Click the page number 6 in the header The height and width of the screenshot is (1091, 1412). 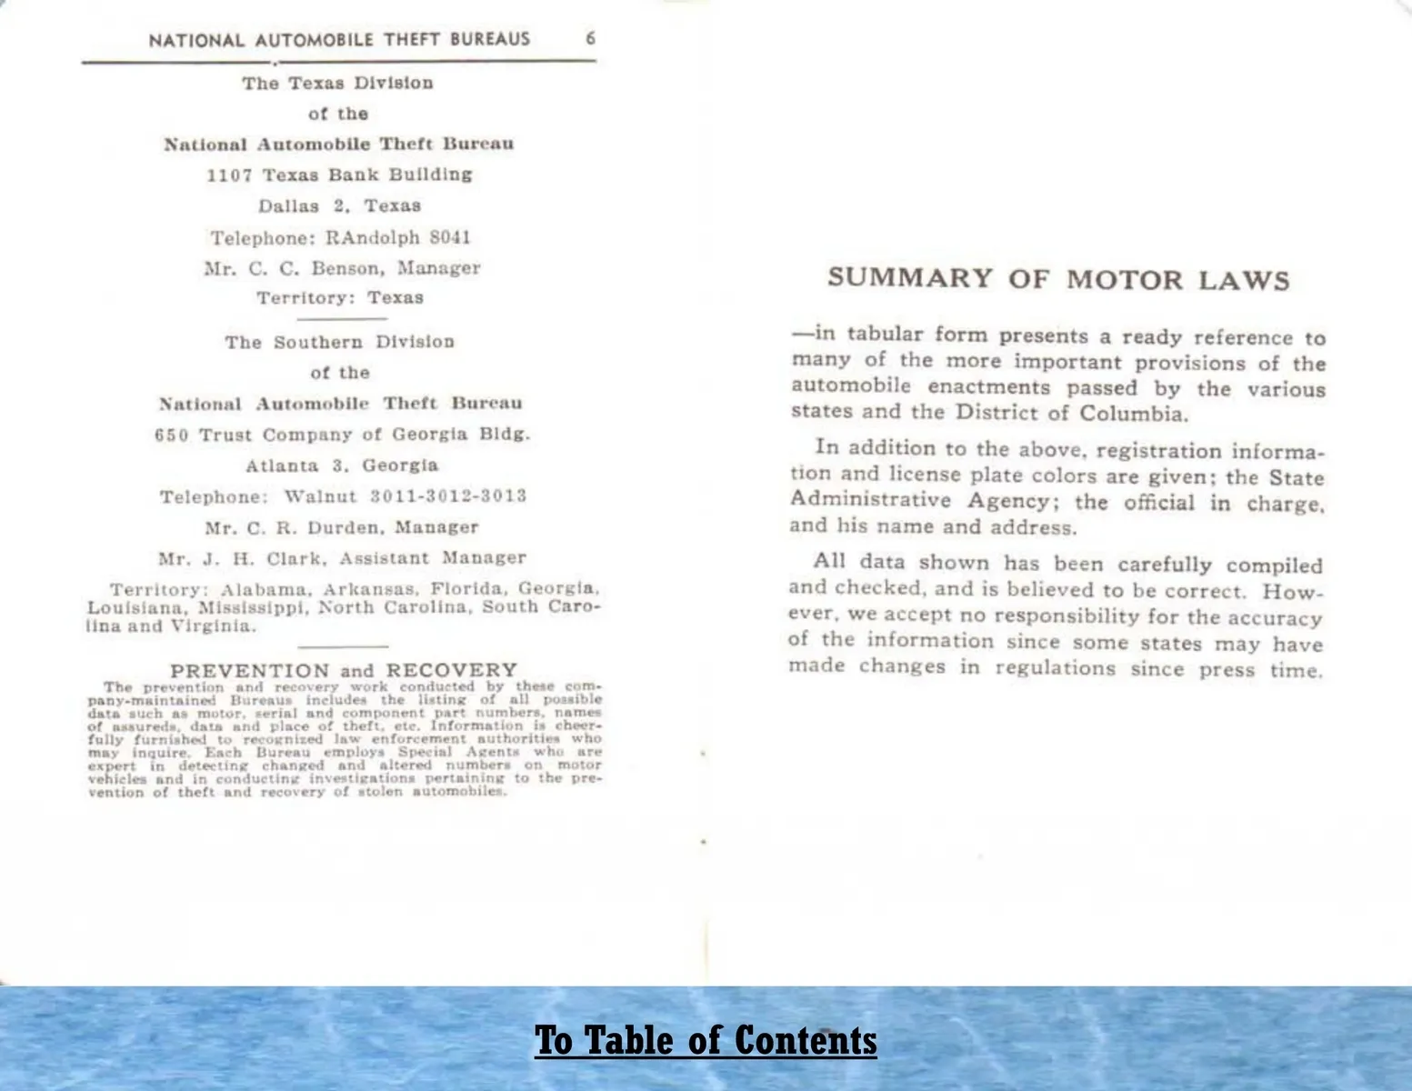point(590,38)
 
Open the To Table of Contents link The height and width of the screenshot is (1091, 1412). point(706,1040)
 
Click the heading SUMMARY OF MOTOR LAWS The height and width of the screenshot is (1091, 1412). point(1058,278)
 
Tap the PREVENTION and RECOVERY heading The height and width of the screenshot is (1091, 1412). point(344,670)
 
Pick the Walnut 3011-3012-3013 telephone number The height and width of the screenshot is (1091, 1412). point(405,496)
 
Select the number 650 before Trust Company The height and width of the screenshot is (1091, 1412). point(172,435)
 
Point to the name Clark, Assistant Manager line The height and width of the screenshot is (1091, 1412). point(342,558)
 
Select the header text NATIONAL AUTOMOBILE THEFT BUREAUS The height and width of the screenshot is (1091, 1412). point(339,39)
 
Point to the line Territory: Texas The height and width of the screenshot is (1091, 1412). point(339,298)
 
